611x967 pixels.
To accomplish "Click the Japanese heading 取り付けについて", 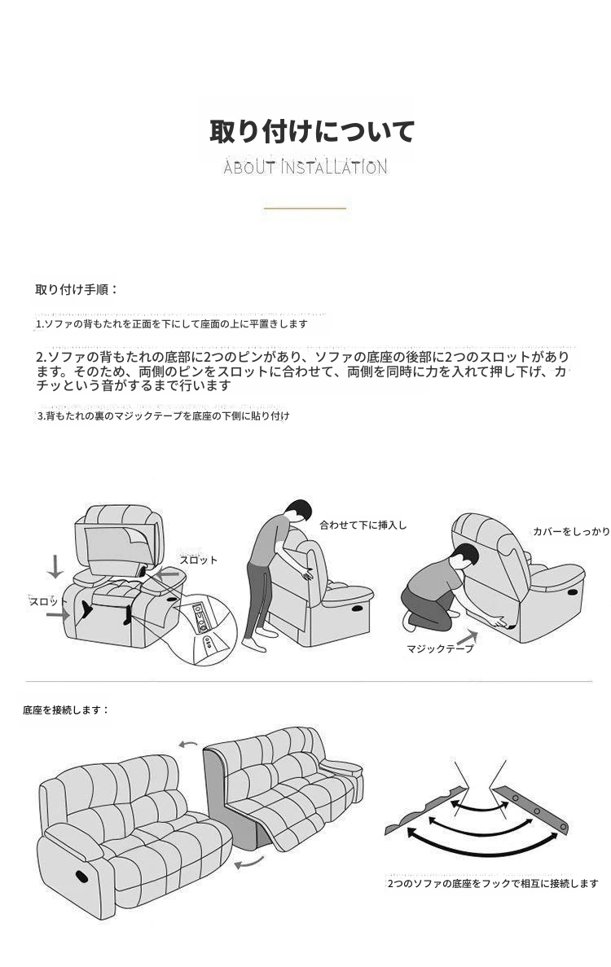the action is [x=311, y=132].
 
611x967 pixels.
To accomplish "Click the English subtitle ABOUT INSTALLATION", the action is [x=305, y=167].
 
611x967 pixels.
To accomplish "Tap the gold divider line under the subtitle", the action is [x=305, y=209].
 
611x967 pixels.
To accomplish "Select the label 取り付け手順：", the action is [x=77, y=289].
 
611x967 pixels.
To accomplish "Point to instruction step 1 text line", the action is [x=171, y=324].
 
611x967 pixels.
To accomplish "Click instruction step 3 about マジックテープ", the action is [x=164, y=415].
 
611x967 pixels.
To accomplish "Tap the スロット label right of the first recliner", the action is [x=199, y=560].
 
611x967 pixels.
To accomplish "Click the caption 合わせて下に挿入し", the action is [x=363, y=525].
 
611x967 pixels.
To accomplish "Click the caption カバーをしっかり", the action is [x=571, y=532].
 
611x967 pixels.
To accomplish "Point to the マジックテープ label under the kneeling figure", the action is [x=440, y=648].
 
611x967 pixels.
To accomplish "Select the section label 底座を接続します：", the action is [x=66, y=710].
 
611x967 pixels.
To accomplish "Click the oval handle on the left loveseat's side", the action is [x=82, y=877].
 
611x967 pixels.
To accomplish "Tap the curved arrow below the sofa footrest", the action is [x=249, y=862].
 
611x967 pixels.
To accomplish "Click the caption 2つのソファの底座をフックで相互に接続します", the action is [x=493, y=884].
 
